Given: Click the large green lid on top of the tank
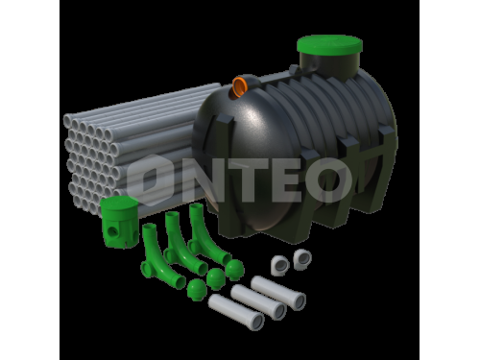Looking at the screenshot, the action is coord(329,45).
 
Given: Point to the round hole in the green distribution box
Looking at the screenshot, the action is coord(111,230).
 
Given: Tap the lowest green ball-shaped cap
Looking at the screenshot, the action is coord(197,290).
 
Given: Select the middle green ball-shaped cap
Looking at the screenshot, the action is coord(216,278).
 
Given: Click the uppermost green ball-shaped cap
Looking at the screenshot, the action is coord(234,270).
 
